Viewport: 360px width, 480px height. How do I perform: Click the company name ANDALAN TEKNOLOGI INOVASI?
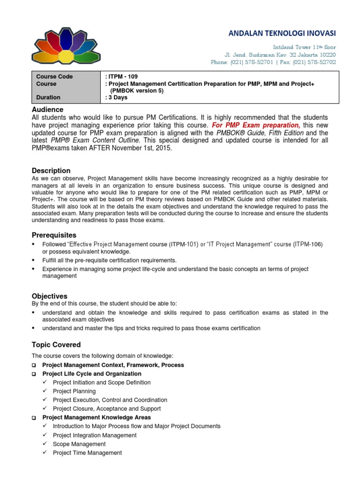282,33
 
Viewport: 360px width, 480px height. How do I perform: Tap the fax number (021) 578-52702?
315,62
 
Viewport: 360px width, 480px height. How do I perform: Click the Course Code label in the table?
54,76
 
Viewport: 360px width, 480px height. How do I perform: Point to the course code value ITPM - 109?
123,76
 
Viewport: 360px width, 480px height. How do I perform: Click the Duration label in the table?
48,97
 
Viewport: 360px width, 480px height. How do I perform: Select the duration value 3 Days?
118,97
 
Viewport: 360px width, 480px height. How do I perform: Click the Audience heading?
47,109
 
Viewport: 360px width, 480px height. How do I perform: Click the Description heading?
51,171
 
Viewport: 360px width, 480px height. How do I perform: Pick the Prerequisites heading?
54,235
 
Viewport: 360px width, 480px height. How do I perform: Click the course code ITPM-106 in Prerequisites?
308,244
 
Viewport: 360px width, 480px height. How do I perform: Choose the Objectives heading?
49,296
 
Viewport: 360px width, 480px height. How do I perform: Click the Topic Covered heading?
56,345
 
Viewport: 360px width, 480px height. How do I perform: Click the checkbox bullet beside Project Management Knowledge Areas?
34,418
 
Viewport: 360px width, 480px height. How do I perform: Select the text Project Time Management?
87,453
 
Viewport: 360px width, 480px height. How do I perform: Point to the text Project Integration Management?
95,435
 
